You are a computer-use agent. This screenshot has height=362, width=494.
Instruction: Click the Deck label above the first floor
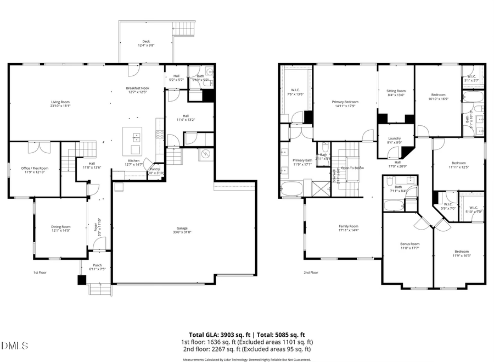click(x=146, y=41)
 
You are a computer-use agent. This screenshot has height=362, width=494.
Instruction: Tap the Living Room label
click(x=60, y=102)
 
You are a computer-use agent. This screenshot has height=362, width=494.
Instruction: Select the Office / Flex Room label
click(x=35, y=168)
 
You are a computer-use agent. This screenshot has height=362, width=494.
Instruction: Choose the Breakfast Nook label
click(x=137, y=88)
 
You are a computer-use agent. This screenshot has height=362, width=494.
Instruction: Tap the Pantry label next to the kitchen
click(x=155, y=169)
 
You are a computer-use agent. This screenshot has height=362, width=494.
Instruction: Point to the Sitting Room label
click(x=396, y=91)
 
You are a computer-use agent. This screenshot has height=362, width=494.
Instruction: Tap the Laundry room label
click(x=395, y=138)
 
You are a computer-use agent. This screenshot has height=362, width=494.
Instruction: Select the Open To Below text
click(x=352, y=168)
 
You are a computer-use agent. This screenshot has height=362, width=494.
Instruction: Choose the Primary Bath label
click(x=302, y=160)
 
